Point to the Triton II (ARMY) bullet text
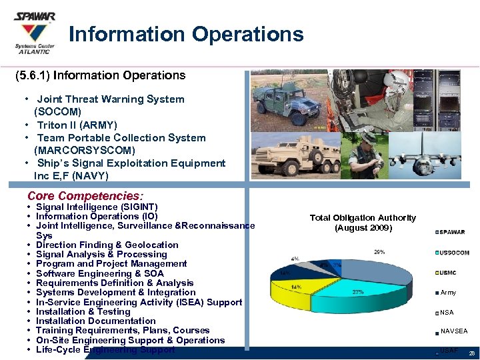[77, 125]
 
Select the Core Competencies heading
[85, 196]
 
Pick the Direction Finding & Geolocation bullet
[107, 245]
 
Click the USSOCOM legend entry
[454, 253]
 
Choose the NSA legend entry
[447, 312]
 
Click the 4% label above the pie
[295, 258]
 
